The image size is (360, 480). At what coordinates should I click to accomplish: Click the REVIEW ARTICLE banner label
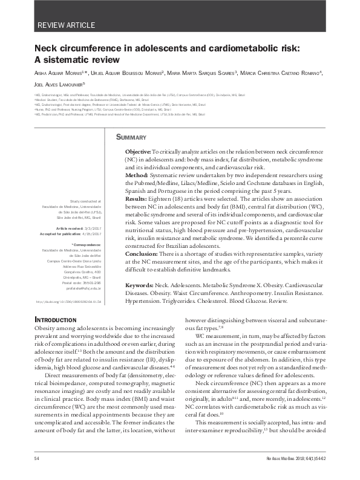pyautogui.click(x=66, y=25)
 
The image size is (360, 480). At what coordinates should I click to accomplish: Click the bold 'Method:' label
pyautogui.click(x=136, y=175)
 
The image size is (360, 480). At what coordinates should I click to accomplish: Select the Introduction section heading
pyautogui.click(x=55, y=319)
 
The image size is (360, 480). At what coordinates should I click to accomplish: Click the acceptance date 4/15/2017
pyautogui.click(x=91, y=233)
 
